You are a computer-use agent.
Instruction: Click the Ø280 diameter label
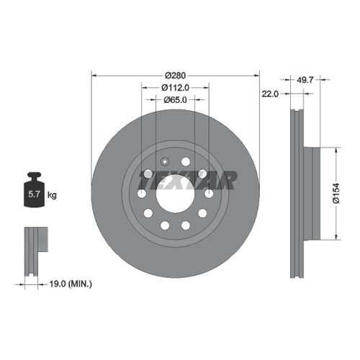175,76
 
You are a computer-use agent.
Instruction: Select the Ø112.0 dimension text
175,88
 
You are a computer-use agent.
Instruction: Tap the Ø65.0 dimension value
175,99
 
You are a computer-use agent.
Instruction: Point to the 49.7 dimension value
305,80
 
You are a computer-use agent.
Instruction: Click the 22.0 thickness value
270,94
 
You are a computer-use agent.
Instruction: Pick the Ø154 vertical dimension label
336,194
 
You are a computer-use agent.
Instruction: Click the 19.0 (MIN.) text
71,284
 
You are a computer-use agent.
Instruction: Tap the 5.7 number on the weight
34,194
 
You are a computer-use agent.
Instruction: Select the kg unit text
52,195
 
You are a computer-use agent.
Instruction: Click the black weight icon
34,189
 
